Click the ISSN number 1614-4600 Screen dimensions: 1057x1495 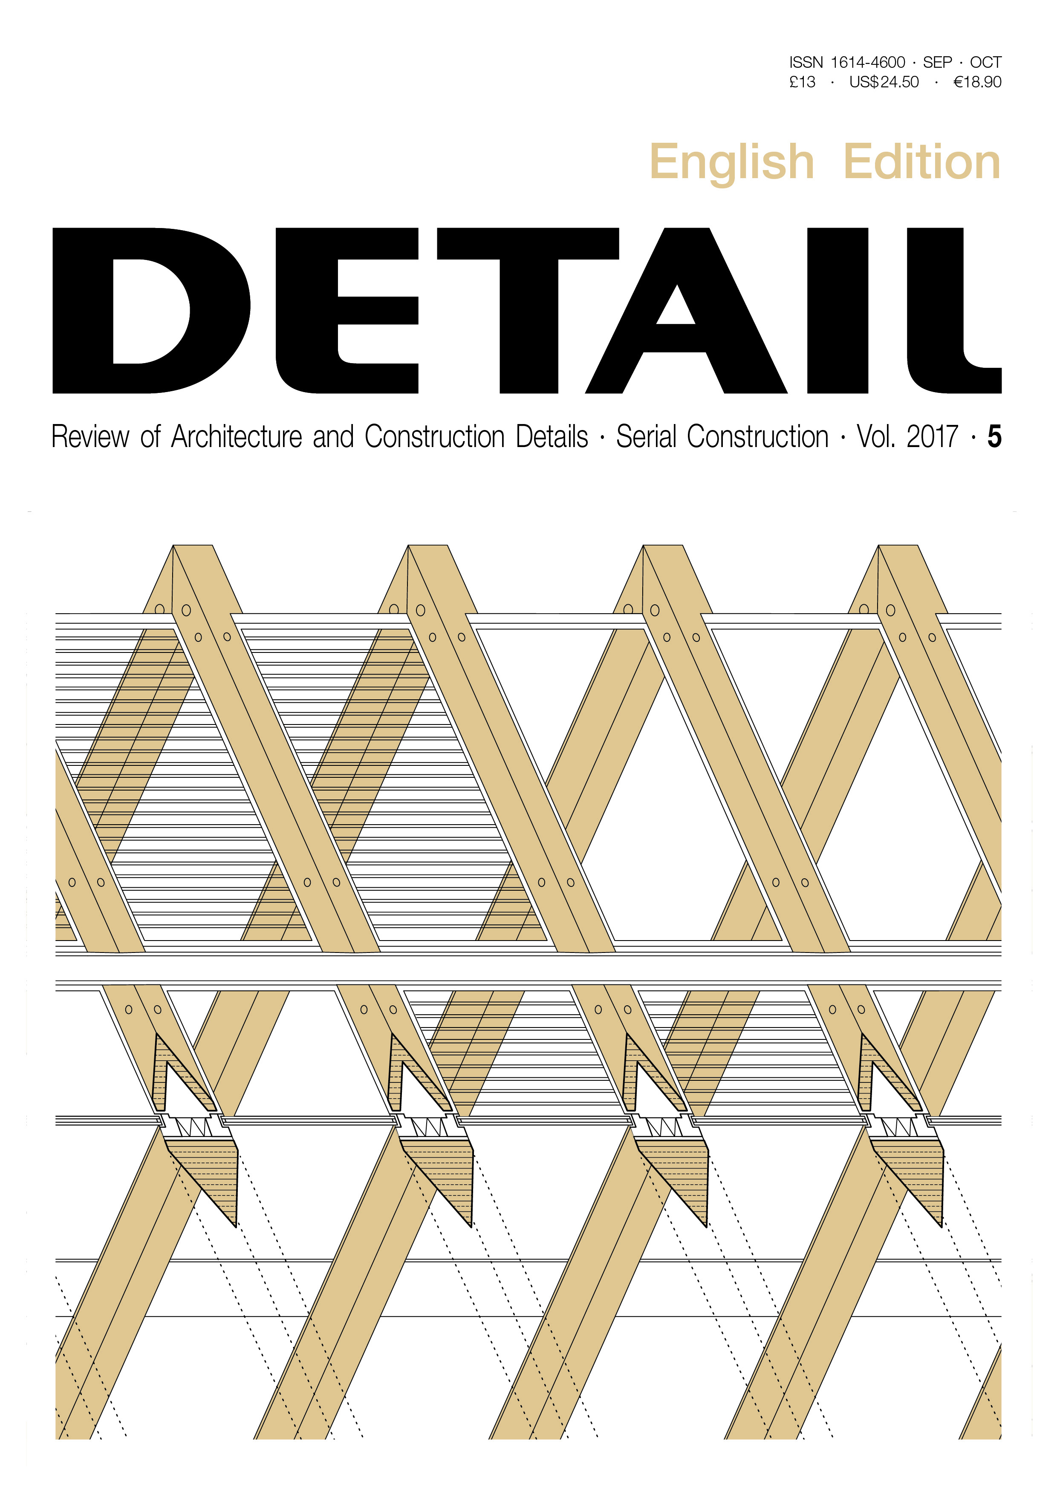click(x=867, y=63)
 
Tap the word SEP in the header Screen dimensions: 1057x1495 click(x=937, y=63)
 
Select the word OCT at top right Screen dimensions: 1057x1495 click(x=985, y=63)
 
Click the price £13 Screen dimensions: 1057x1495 click(x=803, y=82)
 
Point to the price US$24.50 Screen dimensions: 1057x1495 click(x=884, y=82)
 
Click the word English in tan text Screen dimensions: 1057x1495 click(x=732, y=163)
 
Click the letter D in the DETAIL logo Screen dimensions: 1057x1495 click(x=151, y=311)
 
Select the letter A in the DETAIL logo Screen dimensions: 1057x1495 click(x=687, y=311)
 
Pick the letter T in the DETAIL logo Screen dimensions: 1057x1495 click(x=528, y=311)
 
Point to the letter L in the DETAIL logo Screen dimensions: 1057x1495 click(x=954, y=311)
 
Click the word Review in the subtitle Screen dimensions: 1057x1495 click(x=90, y=437)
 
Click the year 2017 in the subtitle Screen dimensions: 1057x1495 click(x=932, y=437)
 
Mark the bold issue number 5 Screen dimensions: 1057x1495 click(x=994, y=437)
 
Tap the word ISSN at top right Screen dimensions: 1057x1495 click(x=806, y=63)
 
